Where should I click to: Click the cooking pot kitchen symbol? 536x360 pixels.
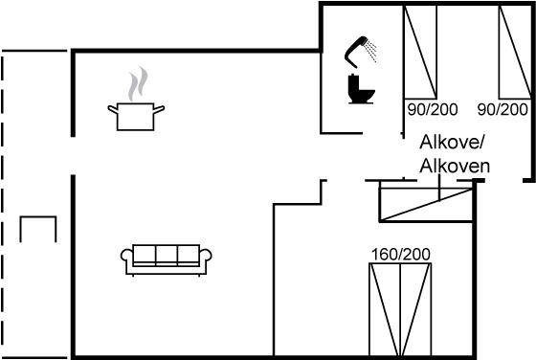pyautogui.click(x=136, y=117)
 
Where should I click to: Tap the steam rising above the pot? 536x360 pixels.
pyautogui.click(x=138, y=83)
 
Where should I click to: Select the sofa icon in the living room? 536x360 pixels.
pyautogui.click(x=167, y=259)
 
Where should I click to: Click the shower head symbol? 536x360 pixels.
pyautogui.click(x=355, y=52)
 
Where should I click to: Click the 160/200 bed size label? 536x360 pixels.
pyautogui.click(x=401, y=255)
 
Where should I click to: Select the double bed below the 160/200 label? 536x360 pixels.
pyautogui.click(x=400, y=309)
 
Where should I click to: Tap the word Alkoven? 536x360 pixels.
pyautogui.click(x=455, y=167)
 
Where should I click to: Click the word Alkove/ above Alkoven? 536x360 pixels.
pyautogui.click(x=452, y=142)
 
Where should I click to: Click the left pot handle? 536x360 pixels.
pyautogui.click(x=113, y=109)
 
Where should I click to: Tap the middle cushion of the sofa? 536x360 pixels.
pyautogui.click(x=167, y=255)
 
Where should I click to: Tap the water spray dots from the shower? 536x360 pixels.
pyautogui.click(x=371, y=51)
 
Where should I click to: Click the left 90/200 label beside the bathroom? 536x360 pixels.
pyautogui.click(x=433, y=109)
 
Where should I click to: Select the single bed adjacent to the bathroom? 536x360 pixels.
pyautogui.click(x=420, y=52)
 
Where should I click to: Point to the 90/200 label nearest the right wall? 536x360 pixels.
pyautogui.click(x=502, y=109)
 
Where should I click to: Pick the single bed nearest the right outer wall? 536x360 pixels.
pyautogui.click(x=515, y=52)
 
